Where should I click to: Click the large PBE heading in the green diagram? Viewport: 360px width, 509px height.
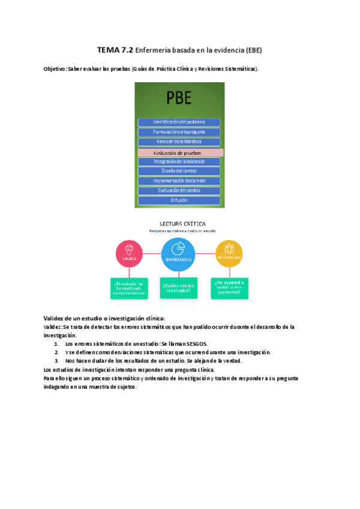(179, 99)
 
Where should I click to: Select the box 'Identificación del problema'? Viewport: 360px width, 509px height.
(179, 122)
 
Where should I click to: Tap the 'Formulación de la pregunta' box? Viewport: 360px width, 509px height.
(179, 132)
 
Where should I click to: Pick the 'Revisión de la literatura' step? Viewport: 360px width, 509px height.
(179, 142)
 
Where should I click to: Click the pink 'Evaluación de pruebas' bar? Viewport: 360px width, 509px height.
(180, 152)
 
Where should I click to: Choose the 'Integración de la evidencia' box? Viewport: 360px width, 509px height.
(179, 162)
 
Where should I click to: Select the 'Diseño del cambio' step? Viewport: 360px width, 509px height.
(179, 171)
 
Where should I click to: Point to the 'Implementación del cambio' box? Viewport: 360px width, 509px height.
(179, 181)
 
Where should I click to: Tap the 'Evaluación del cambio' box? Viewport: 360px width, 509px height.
(179, 190)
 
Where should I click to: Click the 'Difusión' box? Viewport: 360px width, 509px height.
(179, 200)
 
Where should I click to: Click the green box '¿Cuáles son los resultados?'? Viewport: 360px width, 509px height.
(178, 288)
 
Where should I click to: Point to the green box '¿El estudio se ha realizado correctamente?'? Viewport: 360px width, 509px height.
(129, 288)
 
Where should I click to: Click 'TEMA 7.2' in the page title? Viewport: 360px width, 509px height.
(115, 50)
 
